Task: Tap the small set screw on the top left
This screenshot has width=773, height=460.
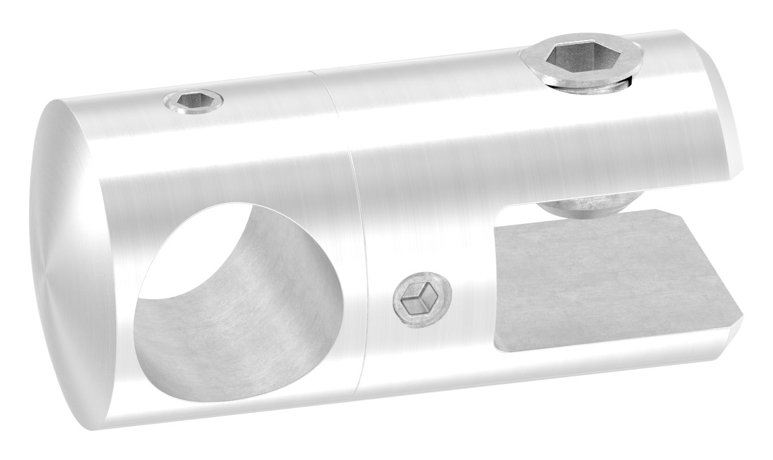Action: (193, 101)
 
